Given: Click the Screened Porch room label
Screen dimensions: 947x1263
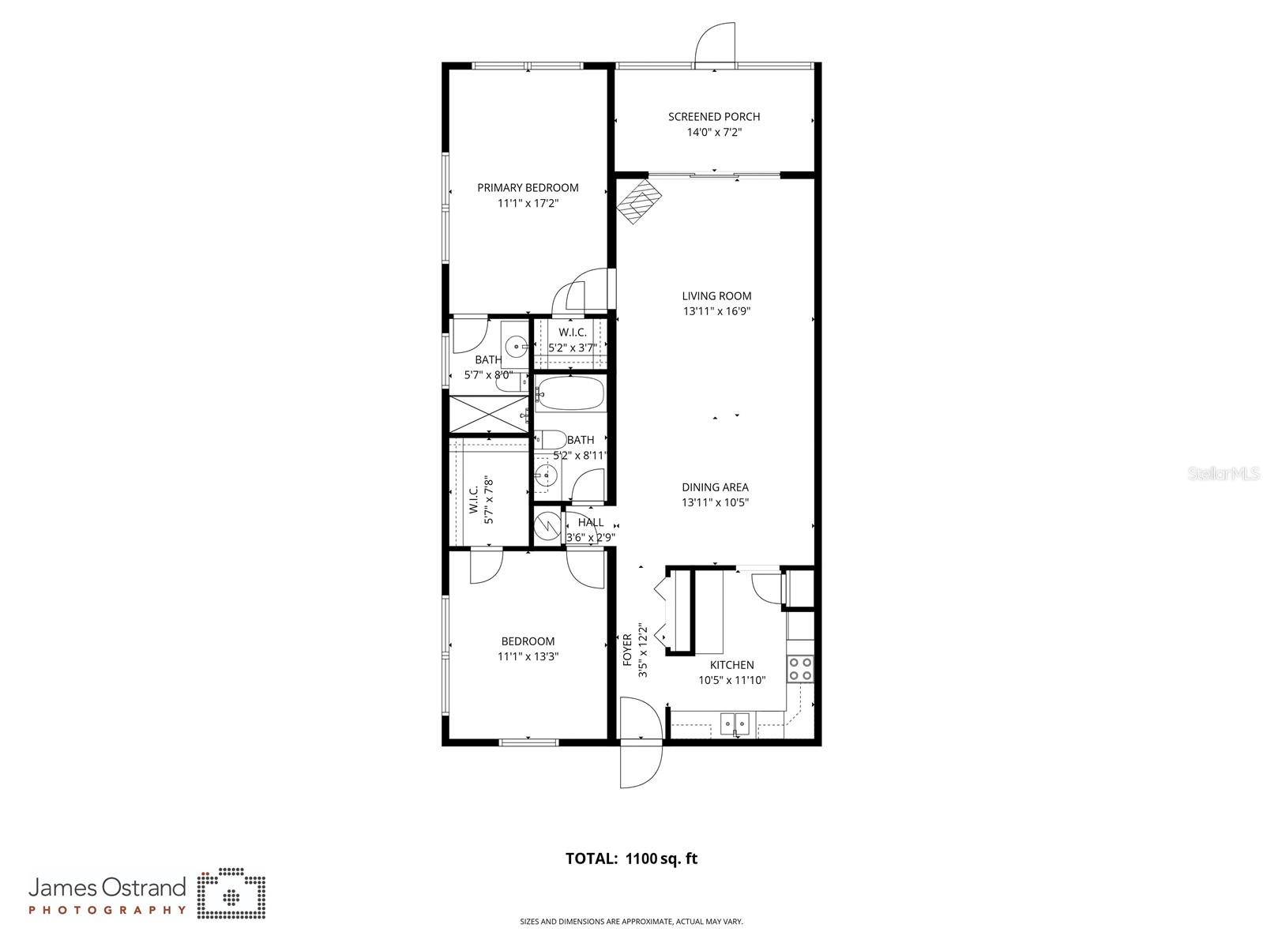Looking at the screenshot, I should pos(714,117).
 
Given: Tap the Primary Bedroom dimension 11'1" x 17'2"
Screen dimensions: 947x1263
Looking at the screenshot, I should pos(528,203).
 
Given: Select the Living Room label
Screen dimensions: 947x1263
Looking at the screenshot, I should pos(716,296).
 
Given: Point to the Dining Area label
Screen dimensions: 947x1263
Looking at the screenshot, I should pos(715,487).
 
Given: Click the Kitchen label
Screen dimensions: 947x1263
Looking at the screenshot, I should pos(731,665).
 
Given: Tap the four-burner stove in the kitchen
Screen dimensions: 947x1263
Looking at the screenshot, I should pos(800,669).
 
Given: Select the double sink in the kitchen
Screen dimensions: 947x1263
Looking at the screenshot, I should pos(735,722).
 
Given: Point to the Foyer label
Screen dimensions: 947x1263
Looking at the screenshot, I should pos(628,649).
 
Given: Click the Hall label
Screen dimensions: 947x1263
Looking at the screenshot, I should pos(591,522).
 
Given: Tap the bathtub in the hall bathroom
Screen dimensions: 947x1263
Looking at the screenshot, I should pos(569,393).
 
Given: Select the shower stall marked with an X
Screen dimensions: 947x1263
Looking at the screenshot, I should pos(487,414).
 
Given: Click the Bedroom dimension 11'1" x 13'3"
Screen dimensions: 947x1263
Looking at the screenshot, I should pos(528,656).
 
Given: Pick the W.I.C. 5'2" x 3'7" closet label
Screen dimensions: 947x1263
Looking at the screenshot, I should pos(572,340).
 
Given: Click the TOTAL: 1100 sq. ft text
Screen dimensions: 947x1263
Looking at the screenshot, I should pos(631,859).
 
